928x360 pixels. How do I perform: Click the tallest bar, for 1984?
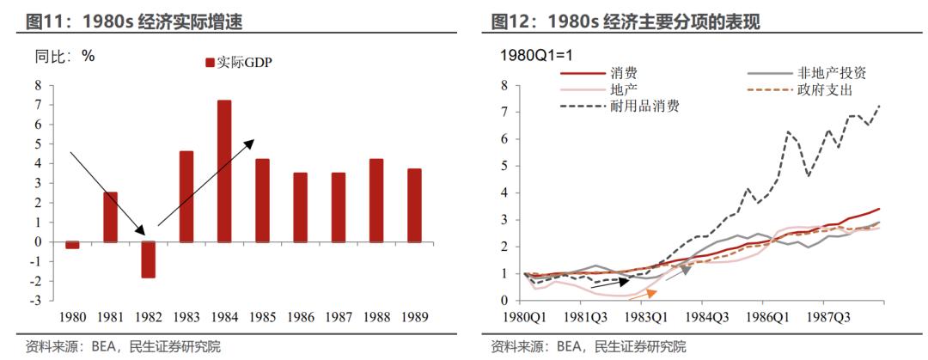pyautogui.click(x=223, y=171)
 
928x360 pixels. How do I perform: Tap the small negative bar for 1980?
pyautogui.click(x=72, y=245)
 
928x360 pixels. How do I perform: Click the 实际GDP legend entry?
pyautogui.click(x=237, y=62)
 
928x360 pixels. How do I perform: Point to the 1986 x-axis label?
pyautogui.click(x=300, y=316)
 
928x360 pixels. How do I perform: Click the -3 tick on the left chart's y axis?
pyautogui.click(x=36, y=301)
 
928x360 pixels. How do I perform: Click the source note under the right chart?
pyautogui.click(x=588, y=347)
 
